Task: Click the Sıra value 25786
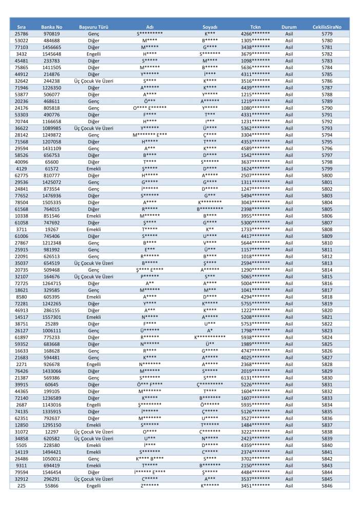(x=22, y=33)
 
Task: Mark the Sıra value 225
(x=22, y=485)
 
